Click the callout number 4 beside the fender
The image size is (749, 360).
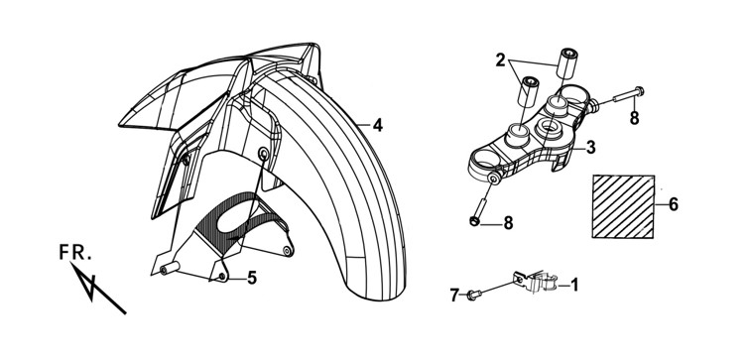(x=377, y=125)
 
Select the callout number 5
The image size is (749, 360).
(x=252, y=278)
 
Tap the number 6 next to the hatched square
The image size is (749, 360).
(x=673, y=204)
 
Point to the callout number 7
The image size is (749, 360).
(x=454, y=296)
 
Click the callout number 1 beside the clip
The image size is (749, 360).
(x=574, y=285)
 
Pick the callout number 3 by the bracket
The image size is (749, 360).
(x=591, y=148)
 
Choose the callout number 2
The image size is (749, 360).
(x=500, y=60)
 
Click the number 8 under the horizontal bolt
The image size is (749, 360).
(x=634, y=118)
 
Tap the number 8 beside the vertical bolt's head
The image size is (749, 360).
(x=508, y=222)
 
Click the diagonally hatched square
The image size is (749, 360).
(x=623, y=206)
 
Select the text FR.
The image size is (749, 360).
(x=75, y=253)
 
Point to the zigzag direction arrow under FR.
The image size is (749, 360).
(x=98, y=288)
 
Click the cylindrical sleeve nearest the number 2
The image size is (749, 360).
(x=528, y=93)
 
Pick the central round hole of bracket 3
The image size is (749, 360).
(x=550, y=128)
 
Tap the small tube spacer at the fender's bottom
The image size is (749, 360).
(x=170, y=269)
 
